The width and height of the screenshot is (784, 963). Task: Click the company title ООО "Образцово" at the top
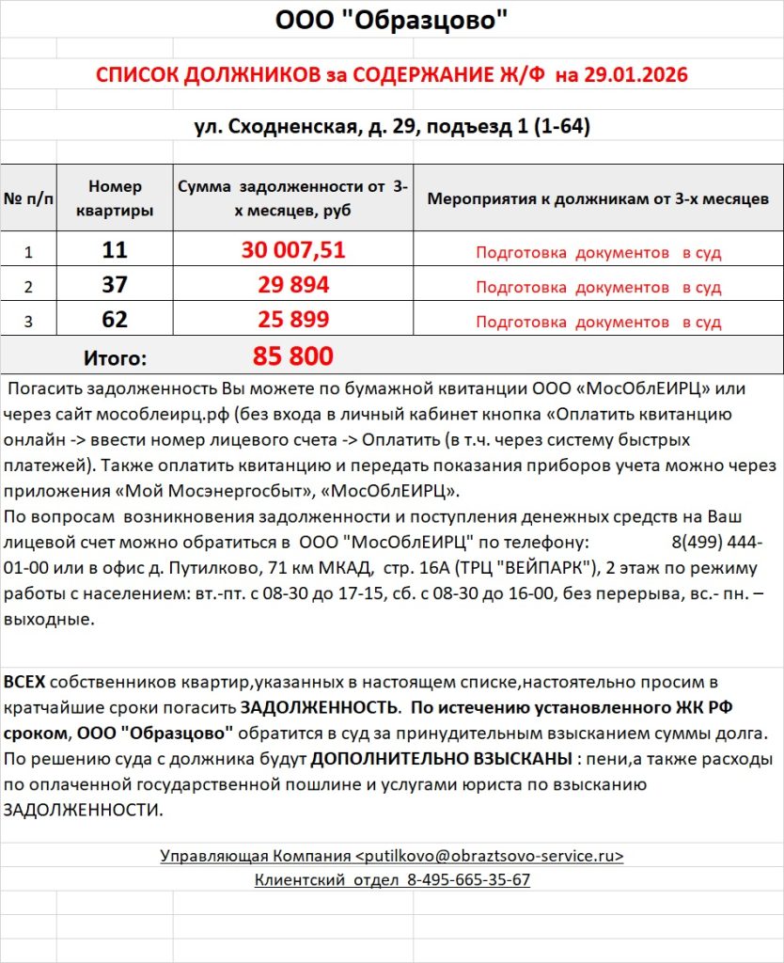[391, 20]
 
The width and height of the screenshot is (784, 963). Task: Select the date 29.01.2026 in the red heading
[635, 75]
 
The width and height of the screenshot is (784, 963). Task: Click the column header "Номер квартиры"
[115, 198]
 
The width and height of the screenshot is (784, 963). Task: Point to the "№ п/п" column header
[28, 198]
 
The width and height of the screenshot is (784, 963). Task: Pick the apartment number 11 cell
[115, 250]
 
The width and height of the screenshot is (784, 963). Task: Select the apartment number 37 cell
[115, 285]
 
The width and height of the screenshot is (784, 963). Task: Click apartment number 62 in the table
[115, 320]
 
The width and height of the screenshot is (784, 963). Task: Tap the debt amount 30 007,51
[293, 250]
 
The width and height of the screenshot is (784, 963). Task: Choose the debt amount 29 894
[293, 285]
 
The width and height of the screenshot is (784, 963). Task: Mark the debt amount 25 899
[293, 320]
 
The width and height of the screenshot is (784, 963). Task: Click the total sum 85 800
[293, 356]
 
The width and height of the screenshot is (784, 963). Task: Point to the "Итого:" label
[115, 357]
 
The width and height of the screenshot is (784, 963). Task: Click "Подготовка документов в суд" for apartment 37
[598, 287]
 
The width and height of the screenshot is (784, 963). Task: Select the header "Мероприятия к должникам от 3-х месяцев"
[598, 198]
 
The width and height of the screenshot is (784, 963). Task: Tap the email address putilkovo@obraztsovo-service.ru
[489, 856]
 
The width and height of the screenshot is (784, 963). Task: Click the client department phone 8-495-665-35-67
[468, 880]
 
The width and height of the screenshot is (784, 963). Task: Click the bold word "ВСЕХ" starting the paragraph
[24, 681]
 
